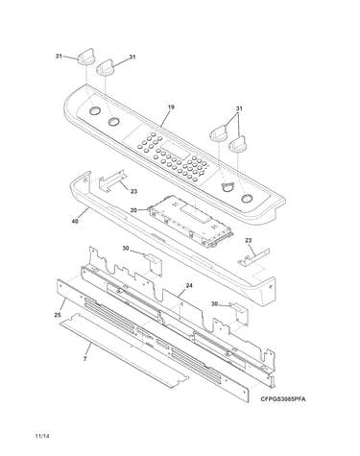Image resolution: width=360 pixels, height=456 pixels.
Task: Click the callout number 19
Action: point(171,108)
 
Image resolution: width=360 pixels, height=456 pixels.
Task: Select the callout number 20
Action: point(133,210)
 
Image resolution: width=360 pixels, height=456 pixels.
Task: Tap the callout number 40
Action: point(75,221)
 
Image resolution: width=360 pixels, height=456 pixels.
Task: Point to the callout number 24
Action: point(189,286)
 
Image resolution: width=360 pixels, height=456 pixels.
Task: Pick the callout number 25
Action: point(58,315)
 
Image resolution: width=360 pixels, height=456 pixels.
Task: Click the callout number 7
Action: point(84,359)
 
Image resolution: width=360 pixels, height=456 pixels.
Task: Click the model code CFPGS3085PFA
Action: point(283,399)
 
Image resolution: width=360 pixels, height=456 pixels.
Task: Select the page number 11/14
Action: point(42,436)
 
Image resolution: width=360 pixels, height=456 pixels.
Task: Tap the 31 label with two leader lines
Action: point(239,108)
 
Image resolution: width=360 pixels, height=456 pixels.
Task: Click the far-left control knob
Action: point(85,57)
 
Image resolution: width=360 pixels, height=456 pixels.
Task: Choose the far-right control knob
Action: point(238,145)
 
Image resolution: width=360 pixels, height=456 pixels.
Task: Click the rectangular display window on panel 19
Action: point(175,150)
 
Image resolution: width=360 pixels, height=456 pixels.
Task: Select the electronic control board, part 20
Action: point(191,221)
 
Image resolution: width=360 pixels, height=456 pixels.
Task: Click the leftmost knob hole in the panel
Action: point(94,110)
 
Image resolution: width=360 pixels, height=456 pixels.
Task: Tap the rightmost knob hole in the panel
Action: point(246,199)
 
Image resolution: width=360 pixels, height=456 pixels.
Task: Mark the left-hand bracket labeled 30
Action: point(154,264)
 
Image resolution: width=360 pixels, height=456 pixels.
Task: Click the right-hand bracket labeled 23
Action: point(253,257)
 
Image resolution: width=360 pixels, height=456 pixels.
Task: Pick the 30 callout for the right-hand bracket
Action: point(214,304)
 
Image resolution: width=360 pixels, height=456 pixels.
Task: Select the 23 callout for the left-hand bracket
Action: point(133,191)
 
